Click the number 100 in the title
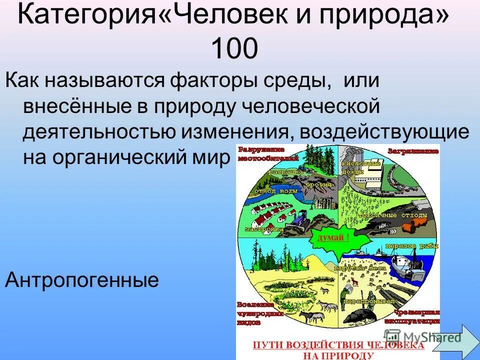tap(234, 49)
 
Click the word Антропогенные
tap(81, 280)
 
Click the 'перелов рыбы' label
tap(405, 246)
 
